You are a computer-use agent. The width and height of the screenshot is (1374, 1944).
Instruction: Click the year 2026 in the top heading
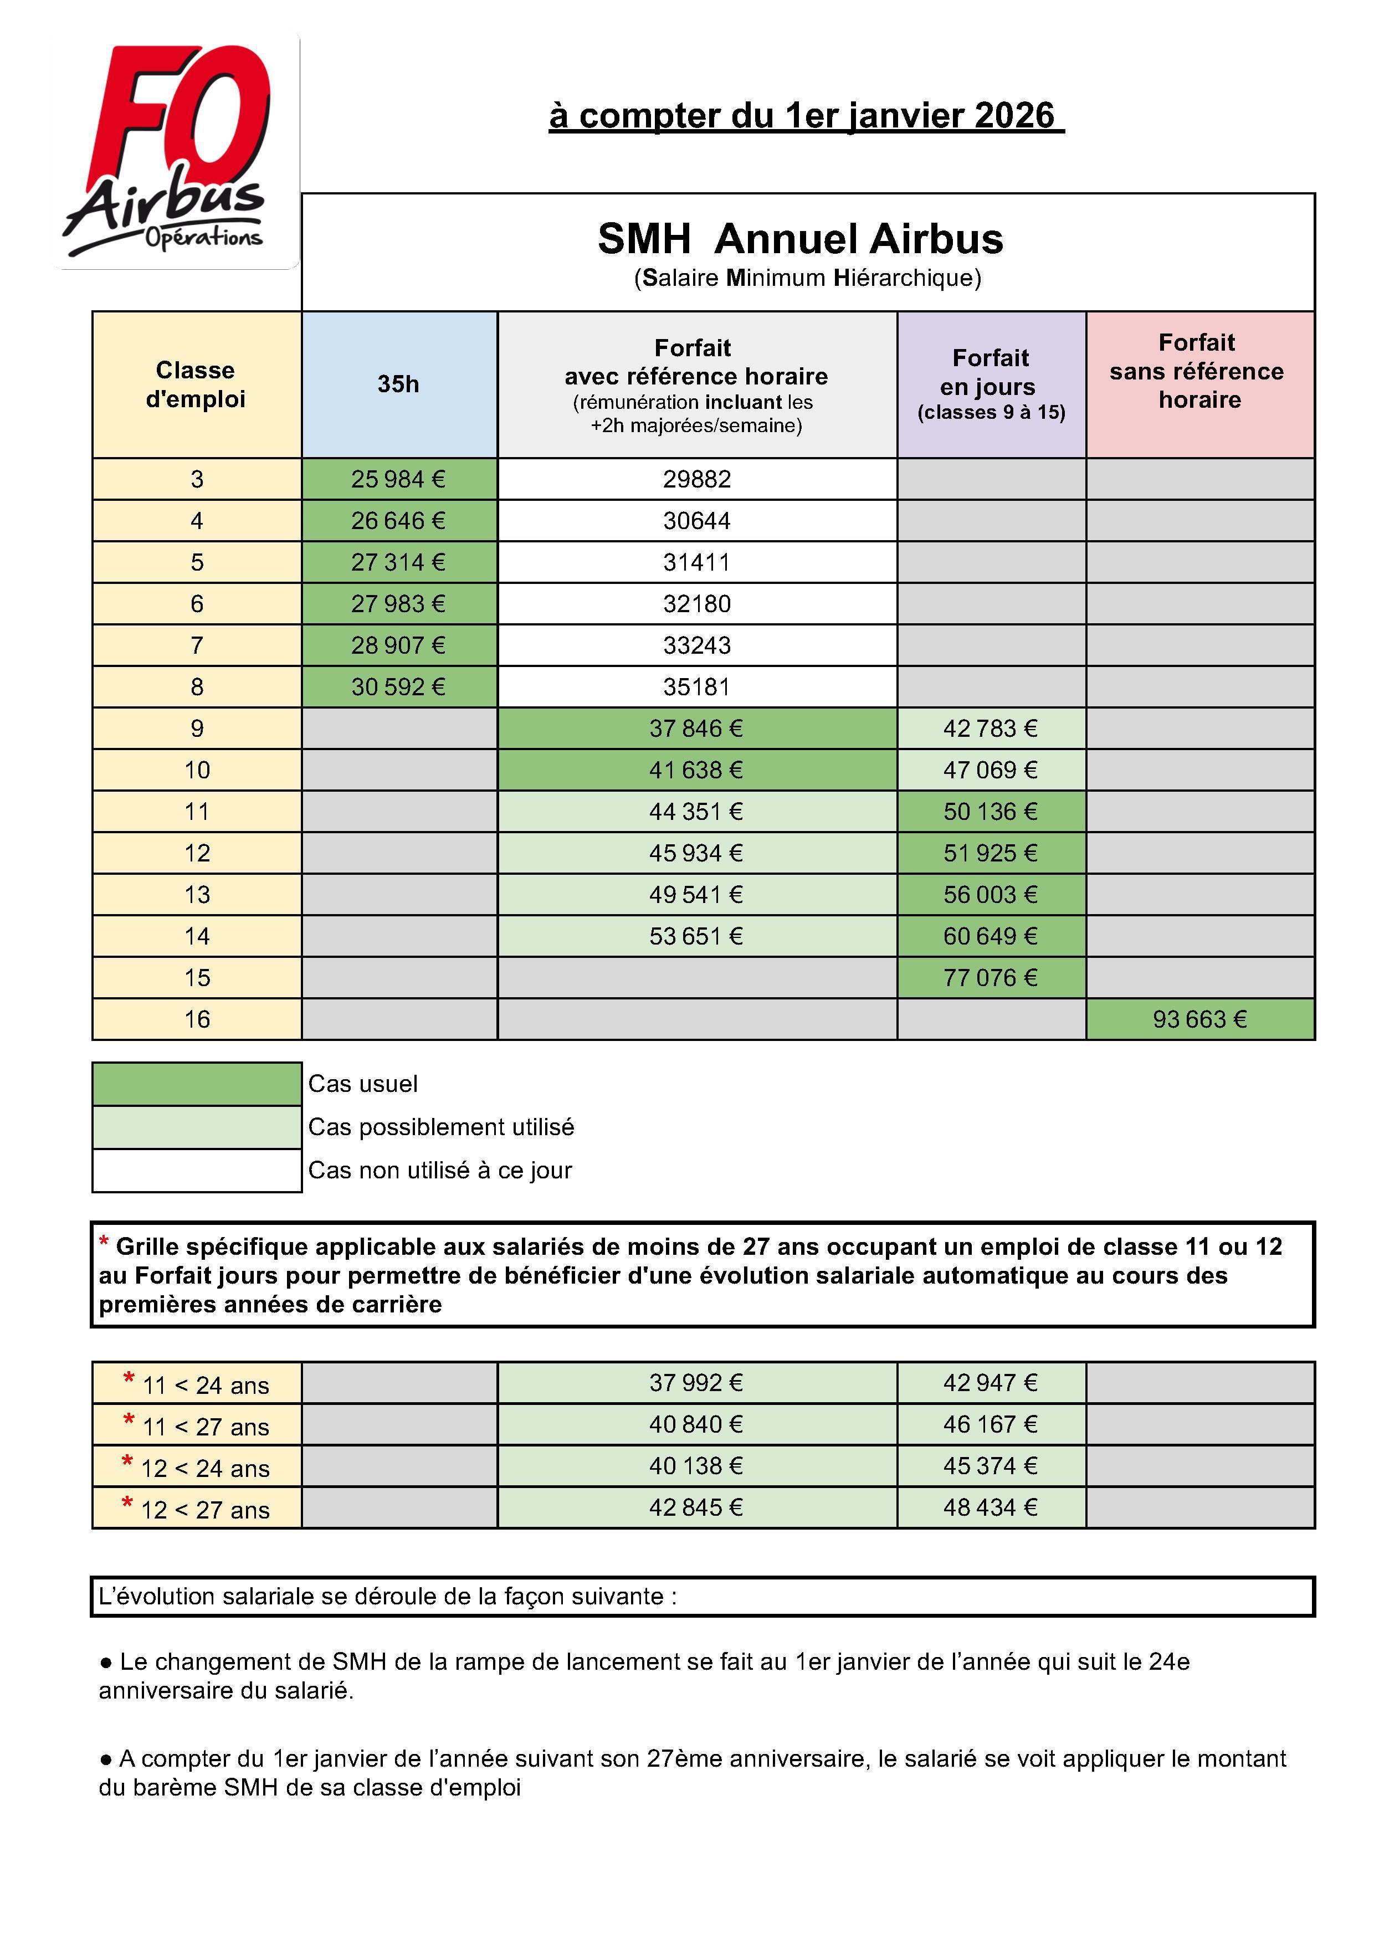click(1014, 116)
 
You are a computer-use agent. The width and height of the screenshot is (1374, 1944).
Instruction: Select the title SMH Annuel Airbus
click(800, 239)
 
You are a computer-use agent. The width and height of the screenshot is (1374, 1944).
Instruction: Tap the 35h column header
click(399, 384)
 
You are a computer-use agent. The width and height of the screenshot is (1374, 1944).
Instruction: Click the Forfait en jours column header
click(991, 384)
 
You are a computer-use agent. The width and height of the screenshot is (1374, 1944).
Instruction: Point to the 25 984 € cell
click(399, 479)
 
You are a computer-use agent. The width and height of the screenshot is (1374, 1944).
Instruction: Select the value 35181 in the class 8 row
click(697, 686)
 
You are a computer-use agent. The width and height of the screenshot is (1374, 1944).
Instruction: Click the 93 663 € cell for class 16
click(1199, 1019)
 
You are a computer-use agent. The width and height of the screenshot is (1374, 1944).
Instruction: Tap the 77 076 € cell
click(991, 978)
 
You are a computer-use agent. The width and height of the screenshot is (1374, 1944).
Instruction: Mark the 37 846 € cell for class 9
click(697, 728)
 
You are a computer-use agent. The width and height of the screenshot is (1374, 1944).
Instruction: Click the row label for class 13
click(197, 895)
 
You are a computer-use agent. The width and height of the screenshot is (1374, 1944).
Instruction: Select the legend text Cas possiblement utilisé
click(441, 1127)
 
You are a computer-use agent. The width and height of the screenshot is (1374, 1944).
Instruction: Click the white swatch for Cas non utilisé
click(197, 1170)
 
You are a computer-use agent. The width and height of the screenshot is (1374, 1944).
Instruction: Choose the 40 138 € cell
click(697, 1466)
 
